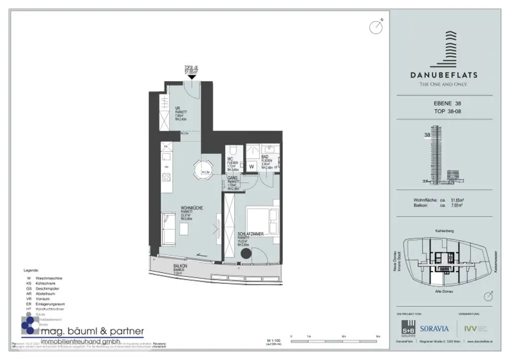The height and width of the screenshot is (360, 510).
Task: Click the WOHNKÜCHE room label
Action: tap(192, 208)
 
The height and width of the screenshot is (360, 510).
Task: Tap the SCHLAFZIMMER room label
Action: tap(251, 234)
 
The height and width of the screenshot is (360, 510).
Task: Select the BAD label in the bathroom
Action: tap(265, 157)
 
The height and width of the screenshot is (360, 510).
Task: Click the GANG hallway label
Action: tap(232, 178)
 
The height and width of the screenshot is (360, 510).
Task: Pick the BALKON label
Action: tap(180, 267)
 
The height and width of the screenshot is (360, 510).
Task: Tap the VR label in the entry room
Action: tap(177, 109)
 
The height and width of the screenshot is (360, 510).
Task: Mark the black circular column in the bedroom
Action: tap(246, 253)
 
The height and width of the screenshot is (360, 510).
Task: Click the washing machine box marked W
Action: tap(252, 167)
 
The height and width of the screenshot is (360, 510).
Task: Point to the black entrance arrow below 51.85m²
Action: tap(192, 77)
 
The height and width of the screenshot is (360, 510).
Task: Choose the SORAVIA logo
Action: tap(434, 329)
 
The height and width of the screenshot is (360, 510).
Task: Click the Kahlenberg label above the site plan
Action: tap(444, 231)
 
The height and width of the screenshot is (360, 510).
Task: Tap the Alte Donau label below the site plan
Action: tap(443, 290)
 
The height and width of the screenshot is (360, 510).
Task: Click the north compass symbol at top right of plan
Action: tap(376, 27)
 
